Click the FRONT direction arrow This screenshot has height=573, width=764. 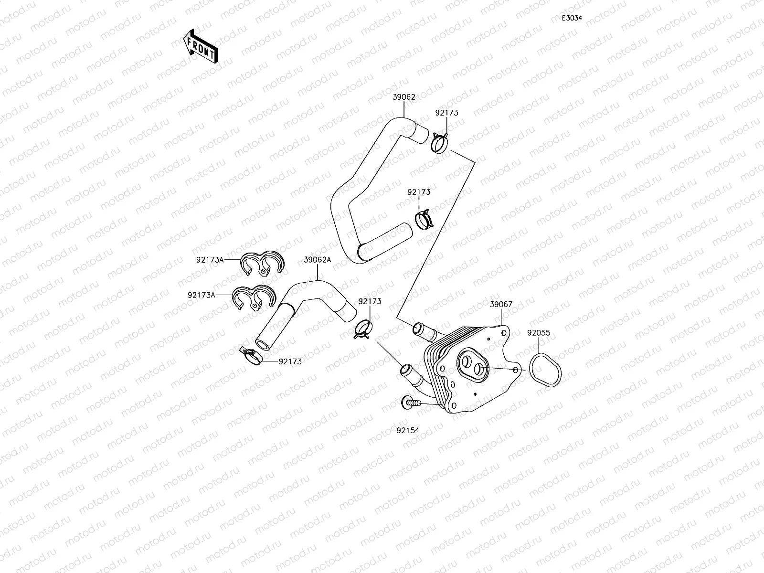[x=201, y=46]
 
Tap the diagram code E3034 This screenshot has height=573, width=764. [x=572, y=18]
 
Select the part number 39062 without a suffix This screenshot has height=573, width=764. [x=404, y=97]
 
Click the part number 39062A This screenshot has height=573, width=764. [x=318, y=260]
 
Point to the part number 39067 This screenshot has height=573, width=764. [x=501, y=304]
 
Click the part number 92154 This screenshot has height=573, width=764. [x=407, y=430]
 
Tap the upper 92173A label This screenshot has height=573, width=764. [x=210, y=260]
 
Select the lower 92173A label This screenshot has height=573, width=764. [x=202, y=295]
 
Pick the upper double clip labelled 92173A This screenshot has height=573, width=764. [x=262, y=264]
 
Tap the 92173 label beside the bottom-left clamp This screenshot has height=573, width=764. [x=290, y=361]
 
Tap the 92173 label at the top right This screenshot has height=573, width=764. [x=446, y=113]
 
